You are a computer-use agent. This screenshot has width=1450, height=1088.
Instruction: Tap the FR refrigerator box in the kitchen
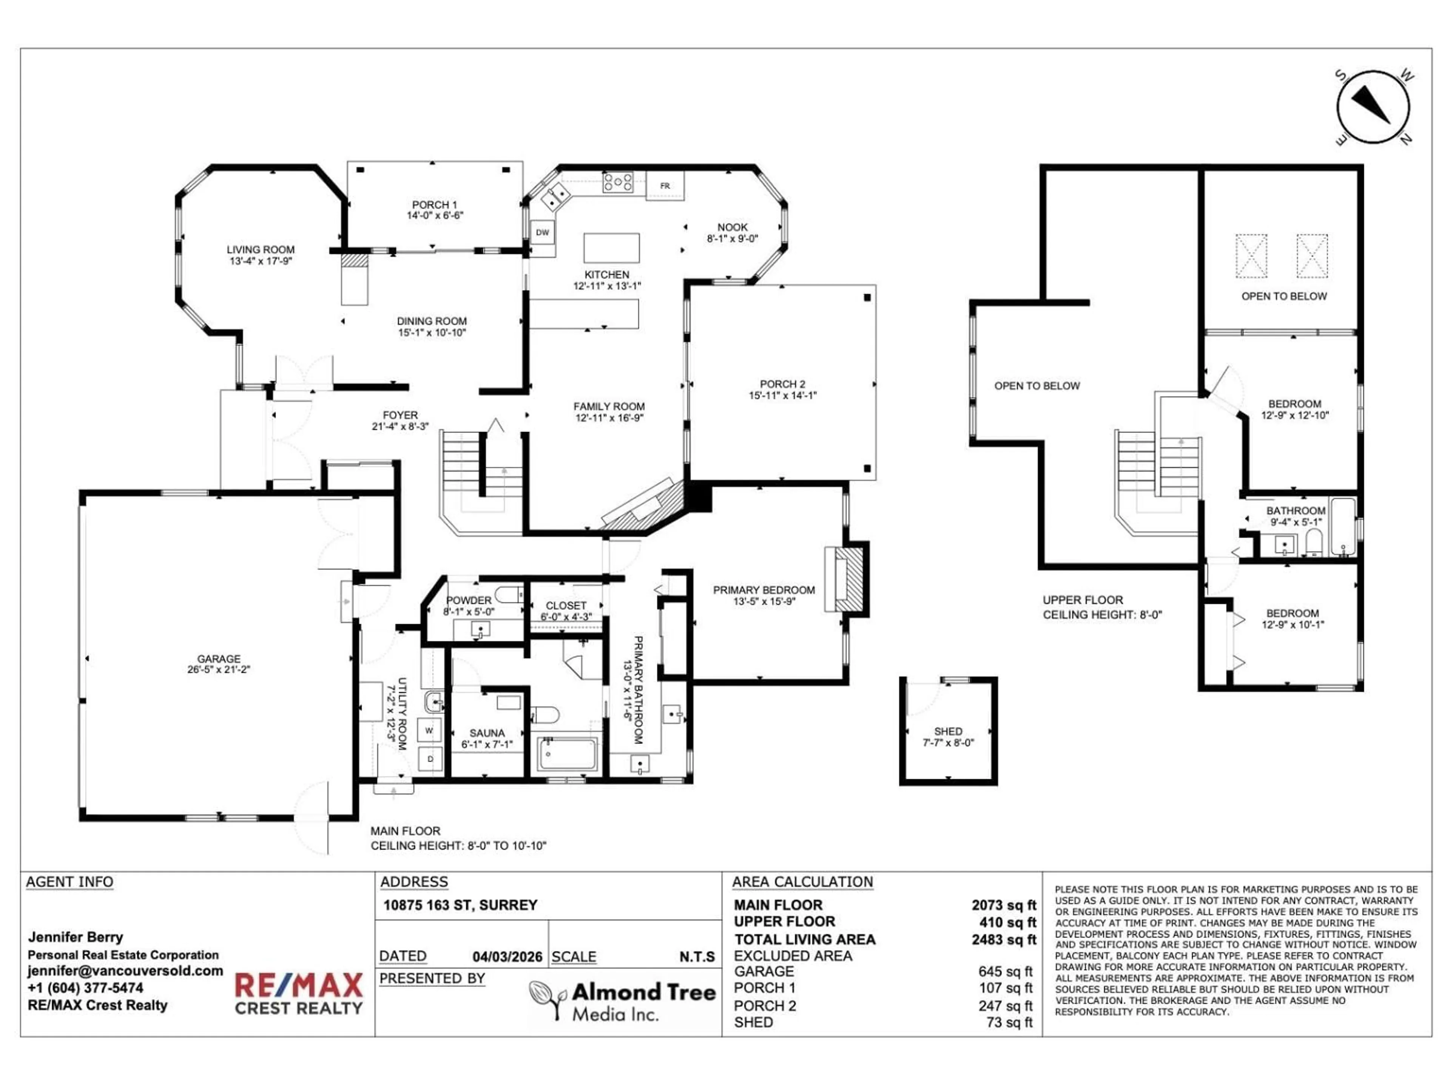pyautogui.click(x=665, y=185)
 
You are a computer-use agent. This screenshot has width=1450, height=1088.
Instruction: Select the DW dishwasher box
pyautogui.click(x=542, y=232)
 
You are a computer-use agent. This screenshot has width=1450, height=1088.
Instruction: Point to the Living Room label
pyautogui.click(x=260, y=250)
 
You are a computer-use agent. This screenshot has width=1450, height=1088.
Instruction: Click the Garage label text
pyautogui.click(x=219, y=658)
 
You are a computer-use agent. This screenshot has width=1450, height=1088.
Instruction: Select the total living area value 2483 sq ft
pyautogui.click(x=1004, y=939)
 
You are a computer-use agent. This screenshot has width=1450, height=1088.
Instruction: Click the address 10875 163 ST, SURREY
pyautogui.click(x=460, y=905)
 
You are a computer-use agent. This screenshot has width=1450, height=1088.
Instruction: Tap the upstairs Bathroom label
pyautogui.click(x=1295, y=511)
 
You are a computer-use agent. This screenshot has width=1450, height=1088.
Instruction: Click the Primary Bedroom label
pyautogui.click(x=764, y=590)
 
